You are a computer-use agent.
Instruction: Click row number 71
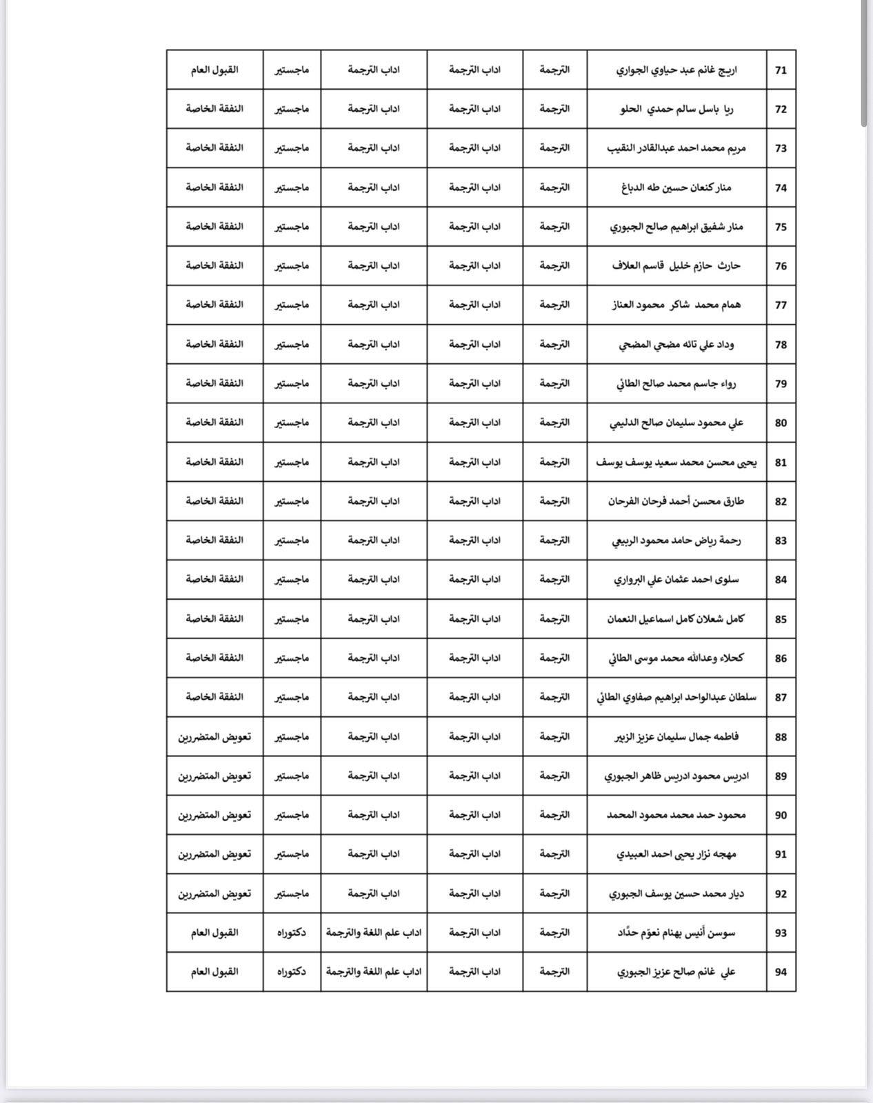point(781,70)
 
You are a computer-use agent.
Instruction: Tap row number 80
point(781,423)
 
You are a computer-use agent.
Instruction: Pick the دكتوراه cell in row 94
point(292,971)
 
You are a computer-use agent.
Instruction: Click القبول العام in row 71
point(214,70)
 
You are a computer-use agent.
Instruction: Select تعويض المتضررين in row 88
point(214,737)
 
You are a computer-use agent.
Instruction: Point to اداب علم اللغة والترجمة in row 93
point(374,933)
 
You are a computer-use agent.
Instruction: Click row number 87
point(781,698)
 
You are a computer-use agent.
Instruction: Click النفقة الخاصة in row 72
point(214,109)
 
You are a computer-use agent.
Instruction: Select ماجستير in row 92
point(292,893)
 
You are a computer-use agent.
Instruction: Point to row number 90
point(781,816)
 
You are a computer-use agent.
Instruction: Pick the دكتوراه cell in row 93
point(292,933)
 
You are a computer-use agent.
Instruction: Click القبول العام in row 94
point(214,971)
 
